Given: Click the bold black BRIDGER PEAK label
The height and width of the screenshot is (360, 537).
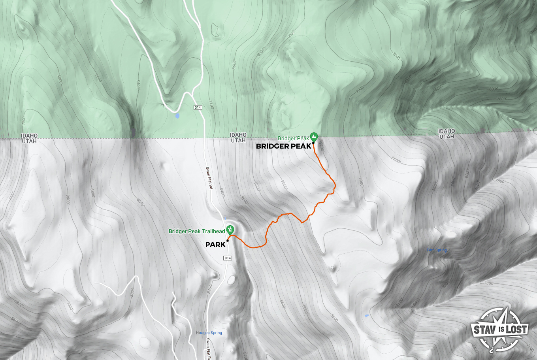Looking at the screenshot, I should [283, 147].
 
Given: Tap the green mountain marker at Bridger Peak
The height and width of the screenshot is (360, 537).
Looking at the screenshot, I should [314, 137].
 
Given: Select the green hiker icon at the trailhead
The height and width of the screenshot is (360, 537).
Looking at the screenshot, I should [230, 230].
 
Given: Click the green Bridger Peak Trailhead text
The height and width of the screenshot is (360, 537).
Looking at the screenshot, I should [196, 232].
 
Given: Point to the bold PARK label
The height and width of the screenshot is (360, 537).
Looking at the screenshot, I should [215, 245].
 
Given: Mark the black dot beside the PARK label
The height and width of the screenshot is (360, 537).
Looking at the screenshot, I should [228, 241].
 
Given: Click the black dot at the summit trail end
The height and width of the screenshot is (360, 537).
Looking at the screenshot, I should [313, 143].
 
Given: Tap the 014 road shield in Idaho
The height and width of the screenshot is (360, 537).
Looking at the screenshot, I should [198, 107].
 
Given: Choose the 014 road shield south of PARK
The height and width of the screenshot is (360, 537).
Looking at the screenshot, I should [227, 258].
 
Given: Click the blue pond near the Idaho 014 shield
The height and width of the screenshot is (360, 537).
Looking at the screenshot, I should [177, 116].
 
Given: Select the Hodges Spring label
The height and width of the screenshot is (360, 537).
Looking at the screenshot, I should [209, 333].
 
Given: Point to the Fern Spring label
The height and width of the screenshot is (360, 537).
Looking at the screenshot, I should [437, 250].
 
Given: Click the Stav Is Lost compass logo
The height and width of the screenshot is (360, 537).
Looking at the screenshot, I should [499, 329].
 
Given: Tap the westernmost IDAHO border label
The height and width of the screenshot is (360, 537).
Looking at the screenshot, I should [29, 136].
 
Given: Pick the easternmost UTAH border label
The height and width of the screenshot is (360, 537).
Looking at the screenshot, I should [447, 137].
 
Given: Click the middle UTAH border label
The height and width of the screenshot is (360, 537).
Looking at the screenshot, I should [238, 140].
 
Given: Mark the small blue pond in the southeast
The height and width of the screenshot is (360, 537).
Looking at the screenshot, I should [367, 315].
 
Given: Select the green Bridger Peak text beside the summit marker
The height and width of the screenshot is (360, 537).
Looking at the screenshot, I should [293, 139].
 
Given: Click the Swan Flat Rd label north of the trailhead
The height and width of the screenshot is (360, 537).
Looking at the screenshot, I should [209, 178].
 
